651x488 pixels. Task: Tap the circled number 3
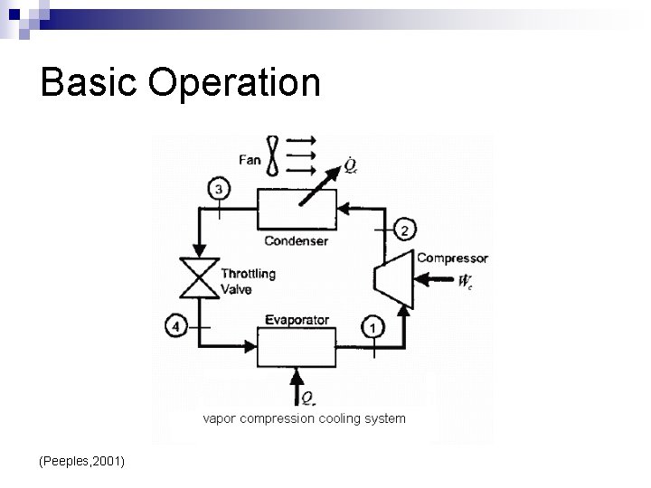pos(220,189)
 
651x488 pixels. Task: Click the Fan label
pos(250,160)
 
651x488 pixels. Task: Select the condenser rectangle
pos(297,211)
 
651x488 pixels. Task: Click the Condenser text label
pos(297,241)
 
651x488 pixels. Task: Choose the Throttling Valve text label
pos(248,281)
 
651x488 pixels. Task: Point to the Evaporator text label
pos(297,320)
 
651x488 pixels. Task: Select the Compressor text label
pos(452,258)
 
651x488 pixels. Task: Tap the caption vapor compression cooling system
pos(304,418)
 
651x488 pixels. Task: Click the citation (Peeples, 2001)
pos(82,462)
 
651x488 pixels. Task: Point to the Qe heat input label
pos(308,399)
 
